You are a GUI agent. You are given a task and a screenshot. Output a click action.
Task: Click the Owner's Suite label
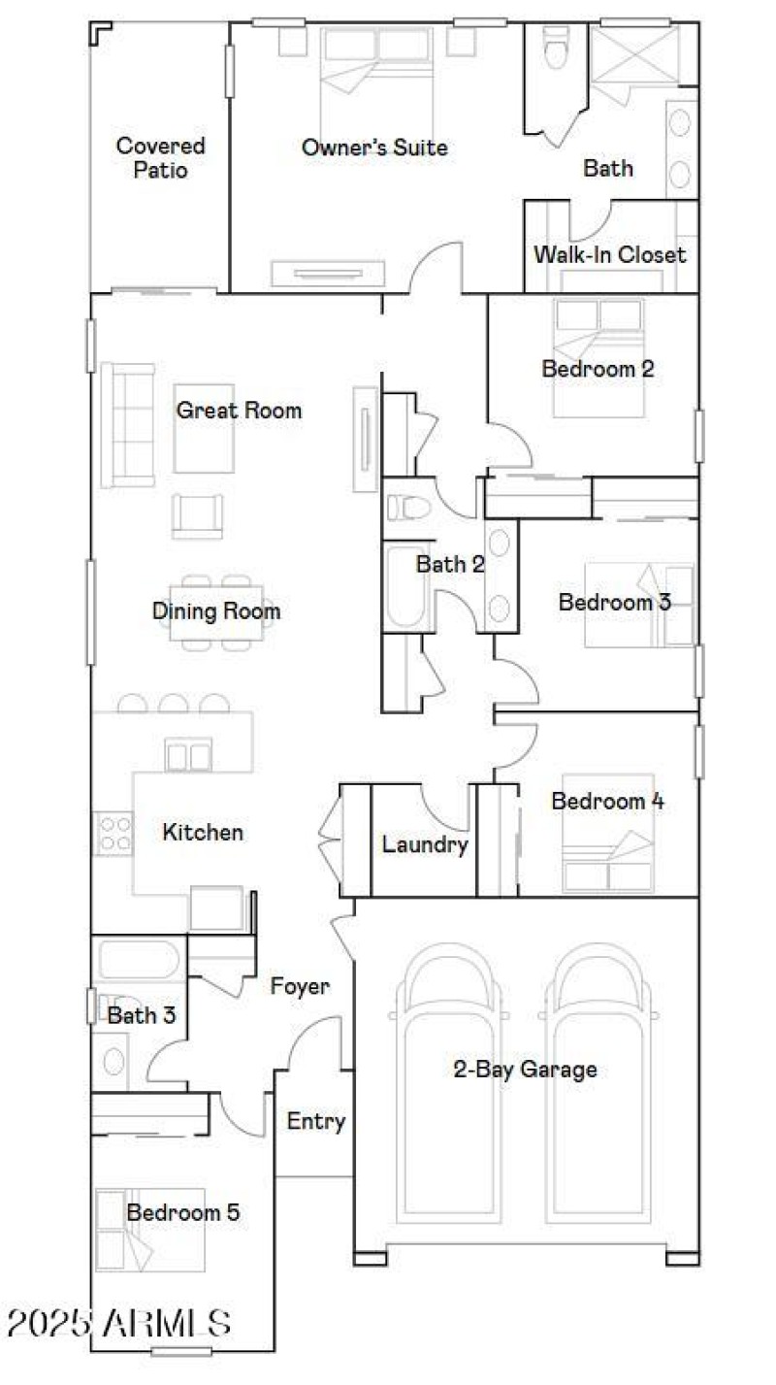[374, 148]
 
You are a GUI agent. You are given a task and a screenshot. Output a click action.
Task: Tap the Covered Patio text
[161, 157]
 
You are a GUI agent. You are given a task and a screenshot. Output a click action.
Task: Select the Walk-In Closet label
[610, 254]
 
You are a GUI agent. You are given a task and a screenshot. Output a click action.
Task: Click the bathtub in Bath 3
[139, 960]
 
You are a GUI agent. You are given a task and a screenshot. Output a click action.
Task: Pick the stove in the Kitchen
[114, 833]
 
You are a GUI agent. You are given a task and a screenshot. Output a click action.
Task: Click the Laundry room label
[425, 844]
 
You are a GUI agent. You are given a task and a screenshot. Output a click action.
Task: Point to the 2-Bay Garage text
[525, 1070]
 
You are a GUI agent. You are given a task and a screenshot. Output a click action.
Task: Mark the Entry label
[316, 1121]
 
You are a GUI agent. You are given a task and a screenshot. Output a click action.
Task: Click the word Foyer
[300, 986]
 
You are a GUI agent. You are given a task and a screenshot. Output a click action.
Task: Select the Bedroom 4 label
[607, 801]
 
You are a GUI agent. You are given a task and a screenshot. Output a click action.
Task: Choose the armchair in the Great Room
[197, 514]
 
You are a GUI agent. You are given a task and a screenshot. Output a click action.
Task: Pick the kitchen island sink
[188, 754]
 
